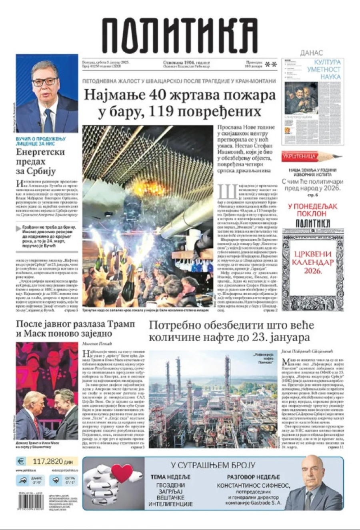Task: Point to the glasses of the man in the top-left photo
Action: (x=44, y=82)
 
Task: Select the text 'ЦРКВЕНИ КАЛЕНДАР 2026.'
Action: (x=312, y=262)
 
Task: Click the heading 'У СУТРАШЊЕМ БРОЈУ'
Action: (x=213, y=465)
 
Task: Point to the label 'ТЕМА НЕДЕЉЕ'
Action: (x=170, y=477)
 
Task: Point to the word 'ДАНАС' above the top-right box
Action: (x=311, y=53)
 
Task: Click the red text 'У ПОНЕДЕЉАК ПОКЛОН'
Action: (x=313, y=210)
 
